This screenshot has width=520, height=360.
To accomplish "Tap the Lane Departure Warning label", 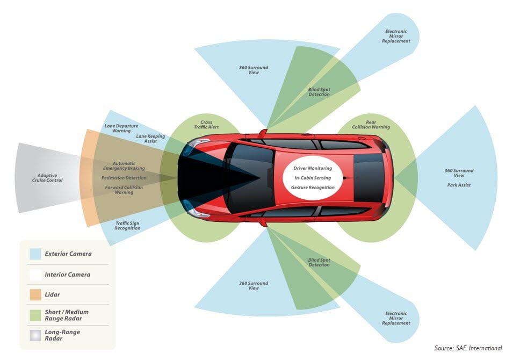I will (x=121, y=128).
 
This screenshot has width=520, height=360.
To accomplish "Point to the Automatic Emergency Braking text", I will (x=124, y=165).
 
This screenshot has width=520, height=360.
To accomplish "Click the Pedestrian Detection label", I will (x=124, y=178).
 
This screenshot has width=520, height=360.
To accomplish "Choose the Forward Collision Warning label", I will (x=124, y=190).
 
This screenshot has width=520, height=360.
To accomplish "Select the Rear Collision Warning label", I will (x=371, y=125).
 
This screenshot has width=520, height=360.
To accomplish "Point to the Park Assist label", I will (x=459, y=185).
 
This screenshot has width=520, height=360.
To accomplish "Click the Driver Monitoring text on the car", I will (x=313, y=168).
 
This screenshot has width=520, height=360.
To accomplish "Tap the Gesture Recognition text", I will (x=313, y=188).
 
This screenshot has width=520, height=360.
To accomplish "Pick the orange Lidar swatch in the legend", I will (x=36, y=294).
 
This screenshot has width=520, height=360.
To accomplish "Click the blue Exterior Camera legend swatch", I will (x=36, y=254).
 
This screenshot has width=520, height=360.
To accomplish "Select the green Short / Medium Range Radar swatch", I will (x=36, y=315).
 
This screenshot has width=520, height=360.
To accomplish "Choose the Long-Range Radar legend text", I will (x=62, y=335).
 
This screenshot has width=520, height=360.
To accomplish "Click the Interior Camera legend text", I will (x=68, y=275).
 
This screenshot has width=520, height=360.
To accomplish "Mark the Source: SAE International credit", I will (x=468, y=348).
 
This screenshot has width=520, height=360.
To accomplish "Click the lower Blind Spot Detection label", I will (x=319, y=262).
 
